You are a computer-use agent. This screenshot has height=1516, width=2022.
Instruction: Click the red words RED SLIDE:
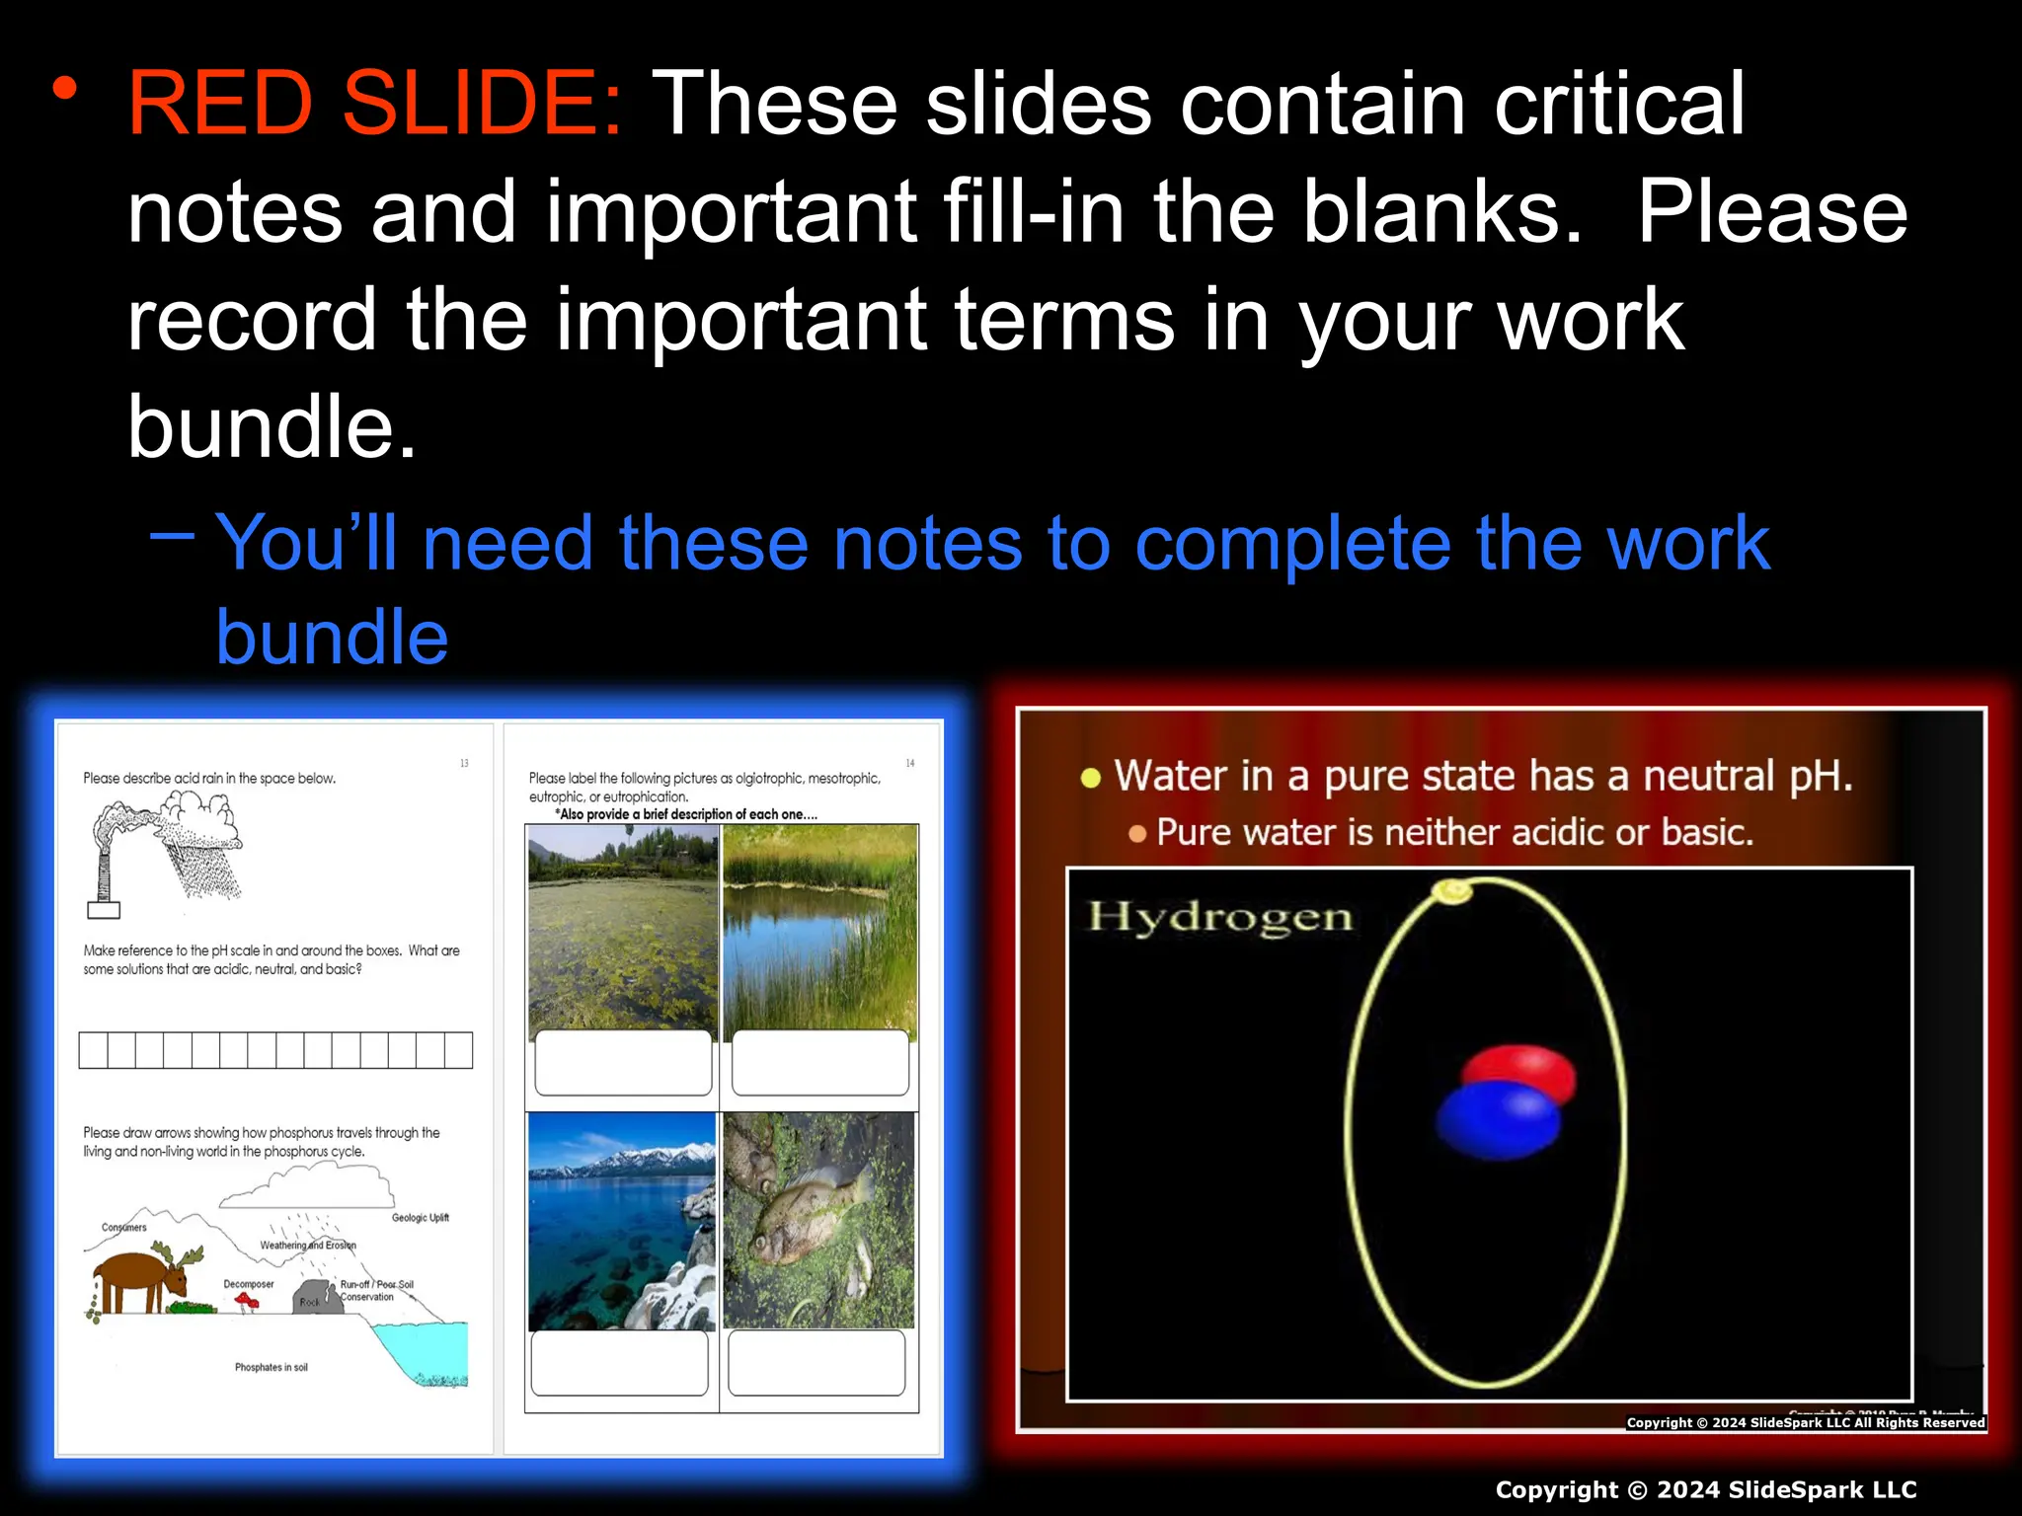point(375,104)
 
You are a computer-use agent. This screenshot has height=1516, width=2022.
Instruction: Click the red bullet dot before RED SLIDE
point(65,90)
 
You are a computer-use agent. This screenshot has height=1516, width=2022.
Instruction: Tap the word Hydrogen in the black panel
point(1220,917)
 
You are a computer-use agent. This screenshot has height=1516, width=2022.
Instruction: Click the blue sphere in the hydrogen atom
point(1497,1121)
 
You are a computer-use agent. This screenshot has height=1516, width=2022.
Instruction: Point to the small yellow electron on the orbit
point(1451,891)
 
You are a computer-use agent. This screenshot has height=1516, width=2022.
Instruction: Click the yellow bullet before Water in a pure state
point(1090,778)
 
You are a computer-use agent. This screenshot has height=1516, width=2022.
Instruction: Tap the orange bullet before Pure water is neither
point(1137,834)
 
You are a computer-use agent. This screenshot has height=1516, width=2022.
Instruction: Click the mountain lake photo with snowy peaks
point(622,1221)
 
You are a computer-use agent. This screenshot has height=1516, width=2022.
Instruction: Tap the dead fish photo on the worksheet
point(818,1221)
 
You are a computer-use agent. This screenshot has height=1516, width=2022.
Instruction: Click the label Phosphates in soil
point(271,1367)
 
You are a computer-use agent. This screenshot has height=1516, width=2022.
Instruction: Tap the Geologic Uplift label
point(420,1218)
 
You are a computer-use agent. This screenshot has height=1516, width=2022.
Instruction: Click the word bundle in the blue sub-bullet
point(332,637)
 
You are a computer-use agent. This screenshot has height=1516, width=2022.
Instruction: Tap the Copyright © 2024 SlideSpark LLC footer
point(1705,1489)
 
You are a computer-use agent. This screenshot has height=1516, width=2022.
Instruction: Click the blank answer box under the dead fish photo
point(817,1362)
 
